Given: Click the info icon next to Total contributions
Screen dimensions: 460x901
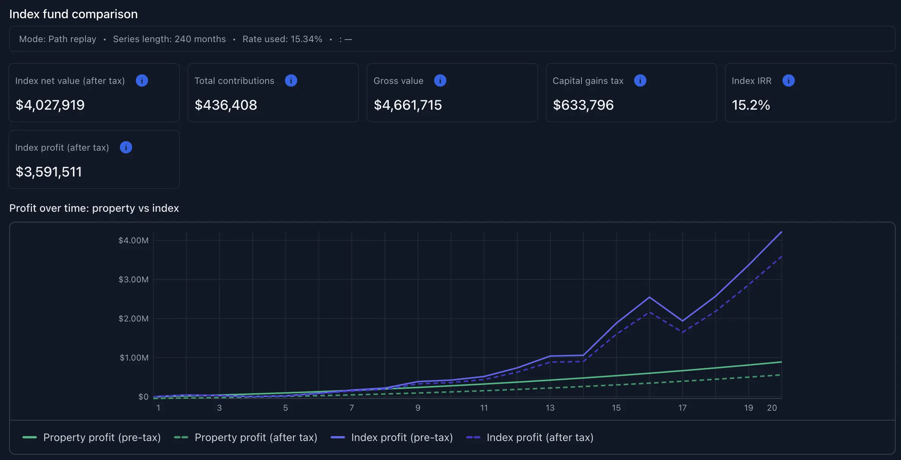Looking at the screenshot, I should pyautogui.click(x=291, y=80).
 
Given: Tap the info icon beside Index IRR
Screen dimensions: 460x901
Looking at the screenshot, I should pyautogui.click(x=788, y=80).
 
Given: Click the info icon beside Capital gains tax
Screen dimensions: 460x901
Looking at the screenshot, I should pyautogui.click(x=640, y=80).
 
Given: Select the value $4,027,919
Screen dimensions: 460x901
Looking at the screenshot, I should pyautogui.click(x=50, y=105).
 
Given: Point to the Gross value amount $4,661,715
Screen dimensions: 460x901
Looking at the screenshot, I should pyautogui.click(x=408, y=105).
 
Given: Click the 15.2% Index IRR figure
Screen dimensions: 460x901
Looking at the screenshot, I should pyautogui.click(x=750, y=105).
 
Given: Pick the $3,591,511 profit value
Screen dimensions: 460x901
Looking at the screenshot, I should pyautogui.click(x=49, y=172).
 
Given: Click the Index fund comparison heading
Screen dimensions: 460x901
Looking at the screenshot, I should pyautogui.click(x=73, y=14).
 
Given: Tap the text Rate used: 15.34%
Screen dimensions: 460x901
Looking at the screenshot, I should pyautogui.click(x=282, y=39).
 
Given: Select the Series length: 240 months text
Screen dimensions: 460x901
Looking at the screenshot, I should pyautogui.click(x=169, y=39).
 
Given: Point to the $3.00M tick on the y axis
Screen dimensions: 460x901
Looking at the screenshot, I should pyautogui.click(x=133, y=280).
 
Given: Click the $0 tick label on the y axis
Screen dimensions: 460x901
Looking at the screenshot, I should pyautogui.click(x=143, y=397).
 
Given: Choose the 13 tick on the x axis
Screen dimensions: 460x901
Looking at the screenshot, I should pyautogui.click(x=550, y=408).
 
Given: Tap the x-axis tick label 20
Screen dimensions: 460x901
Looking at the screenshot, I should pyautogui.click(x=772, y=408).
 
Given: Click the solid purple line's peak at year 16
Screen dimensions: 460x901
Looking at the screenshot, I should pyautogui.click(x=649, y=297).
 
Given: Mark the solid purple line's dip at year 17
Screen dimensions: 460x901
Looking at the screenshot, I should pyautogui.click(x=682, y=321).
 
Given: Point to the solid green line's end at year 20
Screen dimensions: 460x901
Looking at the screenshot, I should pyautogui.click(x=781, y=362).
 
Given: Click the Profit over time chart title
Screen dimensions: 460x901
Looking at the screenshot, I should pyautogui.click(x=94, y=208).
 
